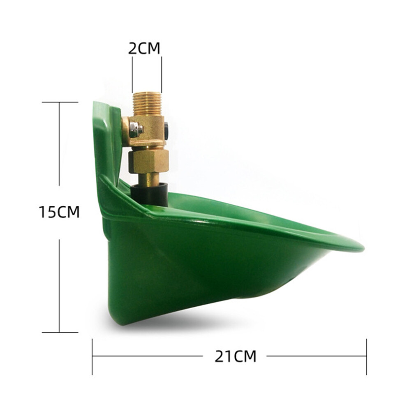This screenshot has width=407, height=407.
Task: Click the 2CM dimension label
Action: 144,48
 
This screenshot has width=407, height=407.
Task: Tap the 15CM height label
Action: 59,212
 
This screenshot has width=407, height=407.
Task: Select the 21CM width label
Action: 236,356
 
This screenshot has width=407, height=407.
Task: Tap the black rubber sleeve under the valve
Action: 149,194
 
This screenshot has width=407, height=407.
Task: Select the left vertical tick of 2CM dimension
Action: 132,74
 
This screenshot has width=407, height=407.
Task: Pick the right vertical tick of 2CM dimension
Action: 162,74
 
